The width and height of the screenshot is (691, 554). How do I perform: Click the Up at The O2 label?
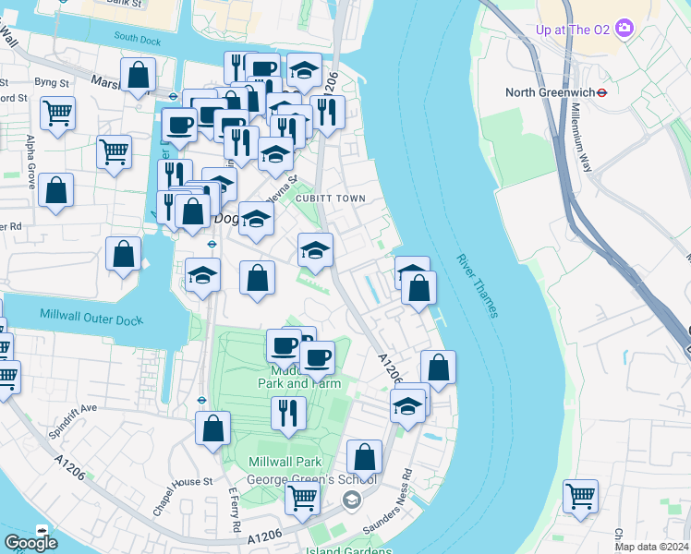(x=574, y=29)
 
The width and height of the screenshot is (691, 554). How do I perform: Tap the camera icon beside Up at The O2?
(x=624, y=28)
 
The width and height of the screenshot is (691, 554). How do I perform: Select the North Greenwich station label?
(x=548, y=92)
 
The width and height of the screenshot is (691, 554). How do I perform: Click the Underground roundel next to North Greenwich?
(x=600, y=92)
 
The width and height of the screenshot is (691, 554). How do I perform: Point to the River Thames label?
(x=478, y=286)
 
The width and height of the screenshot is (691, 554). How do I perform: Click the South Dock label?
(x=138, y=38)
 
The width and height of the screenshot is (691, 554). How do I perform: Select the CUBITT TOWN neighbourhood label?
(x=331, y=199)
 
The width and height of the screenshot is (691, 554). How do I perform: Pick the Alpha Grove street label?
(x=31, y=162)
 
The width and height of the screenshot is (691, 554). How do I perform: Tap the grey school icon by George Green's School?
(x=351, y=500)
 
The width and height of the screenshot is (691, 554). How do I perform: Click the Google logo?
(x=30, y=543)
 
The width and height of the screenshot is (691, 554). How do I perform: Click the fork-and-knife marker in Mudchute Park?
(x=289, y=413)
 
